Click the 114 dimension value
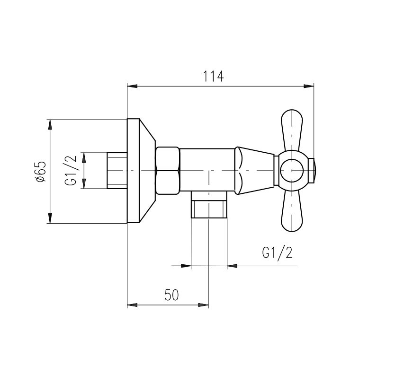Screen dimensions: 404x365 (213, 77)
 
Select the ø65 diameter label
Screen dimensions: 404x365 (41, 172)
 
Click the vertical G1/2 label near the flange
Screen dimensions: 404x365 (71, 170)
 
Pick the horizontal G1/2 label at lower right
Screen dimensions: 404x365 (278, 252)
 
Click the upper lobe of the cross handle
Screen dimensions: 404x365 (292, 130)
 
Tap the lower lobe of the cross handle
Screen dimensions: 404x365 (292, 211)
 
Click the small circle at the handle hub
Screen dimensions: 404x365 (292, 170)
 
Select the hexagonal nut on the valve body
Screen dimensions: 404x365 (168, 170)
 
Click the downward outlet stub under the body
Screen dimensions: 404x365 (209, 205)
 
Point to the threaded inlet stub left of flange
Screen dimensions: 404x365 (117, 170)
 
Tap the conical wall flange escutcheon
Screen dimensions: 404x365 (141, 170)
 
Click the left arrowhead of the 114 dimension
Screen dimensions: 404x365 (132, 86)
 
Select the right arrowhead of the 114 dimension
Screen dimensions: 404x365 (309, 86)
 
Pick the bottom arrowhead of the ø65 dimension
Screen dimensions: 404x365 (50, 218)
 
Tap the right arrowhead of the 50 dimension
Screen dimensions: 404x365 (204, 305)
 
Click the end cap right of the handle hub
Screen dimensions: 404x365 (312, 170)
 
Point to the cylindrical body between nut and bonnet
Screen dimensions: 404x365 (207, 170)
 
